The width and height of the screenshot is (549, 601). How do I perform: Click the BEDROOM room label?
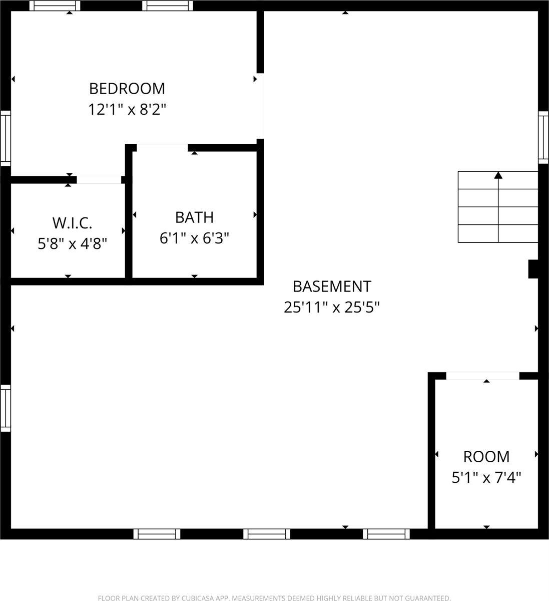[x=127, y=89]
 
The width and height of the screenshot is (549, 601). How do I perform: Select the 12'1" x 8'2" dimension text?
[x=127, y=109]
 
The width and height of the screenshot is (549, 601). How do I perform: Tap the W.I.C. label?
[x=72, y=223]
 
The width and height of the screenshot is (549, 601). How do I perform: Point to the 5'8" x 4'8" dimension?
[x=72, y=243]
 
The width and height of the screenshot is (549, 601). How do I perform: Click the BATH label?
[x=194, y=217]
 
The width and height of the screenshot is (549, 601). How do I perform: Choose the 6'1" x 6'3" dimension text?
[x=194, y=238]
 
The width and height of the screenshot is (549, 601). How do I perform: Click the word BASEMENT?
[x=332, y=286]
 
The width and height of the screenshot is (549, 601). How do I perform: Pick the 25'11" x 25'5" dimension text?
[x=332, y=307]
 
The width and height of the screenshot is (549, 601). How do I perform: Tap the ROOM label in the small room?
[x=486, y=457]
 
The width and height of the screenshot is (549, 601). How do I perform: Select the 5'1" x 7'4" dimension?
[x=486, y=477]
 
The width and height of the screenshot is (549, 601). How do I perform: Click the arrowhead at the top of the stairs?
[x=498, y=175]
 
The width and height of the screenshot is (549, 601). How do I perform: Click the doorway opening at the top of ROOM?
[x=482, y=376]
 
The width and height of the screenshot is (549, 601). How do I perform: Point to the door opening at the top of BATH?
[x=162, y=147]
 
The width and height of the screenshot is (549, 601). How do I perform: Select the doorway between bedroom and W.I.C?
[x=99, y=180]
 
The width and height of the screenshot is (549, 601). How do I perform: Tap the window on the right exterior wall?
[x=543, y=137]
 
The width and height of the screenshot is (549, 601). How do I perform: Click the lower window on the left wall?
[x=6, y=408]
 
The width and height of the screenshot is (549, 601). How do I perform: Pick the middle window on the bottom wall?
[x=266, y=534]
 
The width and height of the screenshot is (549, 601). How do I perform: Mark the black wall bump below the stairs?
[x=533, y=268]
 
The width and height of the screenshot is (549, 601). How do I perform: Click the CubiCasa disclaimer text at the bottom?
[x=274, y=597]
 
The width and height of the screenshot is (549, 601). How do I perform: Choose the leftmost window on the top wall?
[x=55, y=6]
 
